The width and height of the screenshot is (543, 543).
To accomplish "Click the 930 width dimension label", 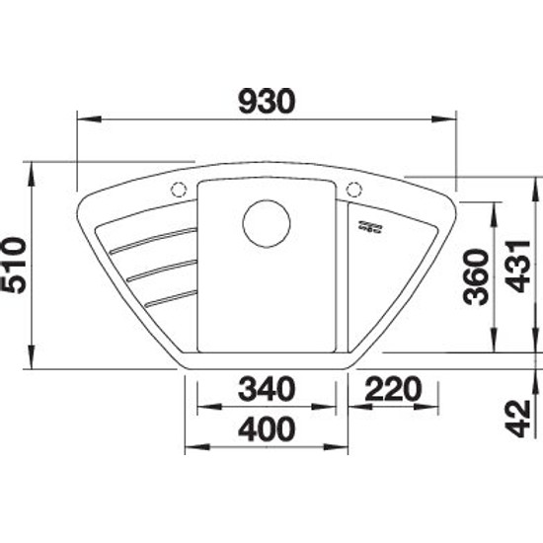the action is (x=267, y=102).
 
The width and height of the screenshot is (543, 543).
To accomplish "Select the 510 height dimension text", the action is (x=13, y=265).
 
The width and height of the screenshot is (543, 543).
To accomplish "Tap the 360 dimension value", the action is (x=477, y=277).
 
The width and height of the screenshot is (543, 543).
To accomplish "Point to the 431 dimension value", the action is (x=518, y=266).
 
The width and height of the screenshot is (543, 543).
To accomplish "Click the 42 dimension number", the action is (x=518, y=419).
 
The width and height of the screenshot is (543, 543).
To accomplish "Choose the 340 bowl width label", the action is (x=267, y=389).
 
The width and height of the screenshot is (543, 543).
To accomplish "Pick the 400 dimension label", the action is (x=267, y=428).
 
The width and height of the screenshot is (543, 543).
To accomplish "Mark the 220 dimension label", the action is (x=393, y=389).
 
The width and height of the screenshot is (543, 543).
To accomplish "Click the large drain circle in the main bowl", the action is (x=267, y=224).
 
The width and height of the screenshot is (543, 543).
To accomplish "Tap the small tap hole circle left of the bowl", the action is (x=179, y=190).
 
